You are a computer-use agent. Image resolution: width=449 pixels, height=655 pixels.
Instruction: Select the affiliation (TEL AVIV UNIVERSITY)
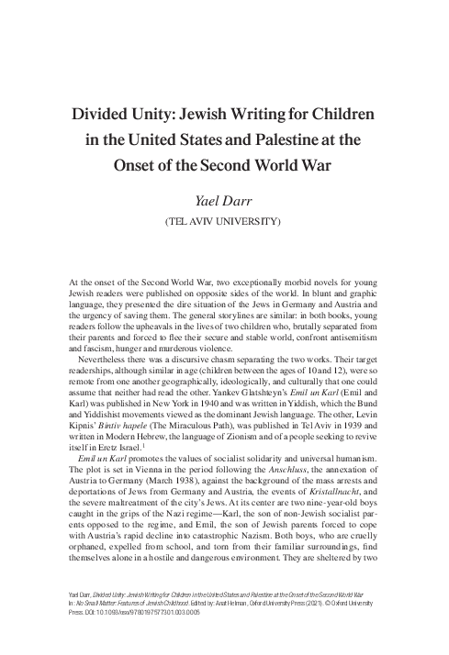click(x=224, y=221)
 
